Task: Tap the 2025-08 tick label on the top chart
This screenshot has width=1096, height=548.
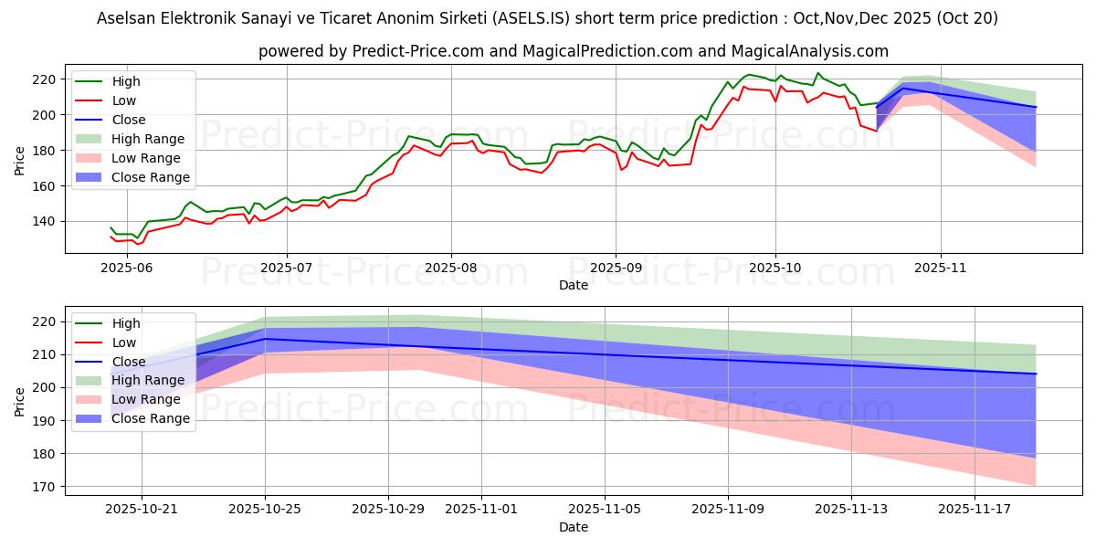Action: click(x=450, y=267)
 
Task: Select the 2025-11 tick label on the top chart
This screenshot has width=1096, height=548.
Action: click(x=941, y=267)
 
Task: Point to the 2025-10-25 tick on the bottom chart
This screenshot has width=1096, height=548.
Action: click(x=266, y=509)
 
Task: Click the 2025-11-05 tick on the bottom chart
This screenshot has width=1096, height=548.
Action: click(x=605, y=509)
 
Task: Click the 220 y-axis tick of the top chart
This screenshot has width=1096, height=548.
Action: click(x=47, y=79)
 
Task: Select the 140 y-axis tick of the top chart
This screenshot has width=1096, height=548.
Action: click(x=47, y=222)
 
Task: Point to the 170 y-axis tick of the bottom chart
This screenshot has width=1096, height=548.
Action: click(x=47, y=487)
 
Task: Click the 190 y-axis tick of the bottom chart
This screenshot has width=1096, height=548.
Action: click(x=47, y=421)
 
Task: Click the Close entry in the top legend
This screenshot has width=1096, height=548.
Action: click(x=127, y=120)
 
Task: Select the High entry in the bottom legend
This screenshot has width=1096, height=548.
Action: click(x=125, y=323)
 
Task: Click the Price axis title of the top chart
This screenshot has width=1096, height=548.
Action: click(x=20, y=159)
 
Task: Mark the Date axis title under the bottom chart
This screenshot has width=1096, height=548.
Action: click(x=574, y=527)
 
